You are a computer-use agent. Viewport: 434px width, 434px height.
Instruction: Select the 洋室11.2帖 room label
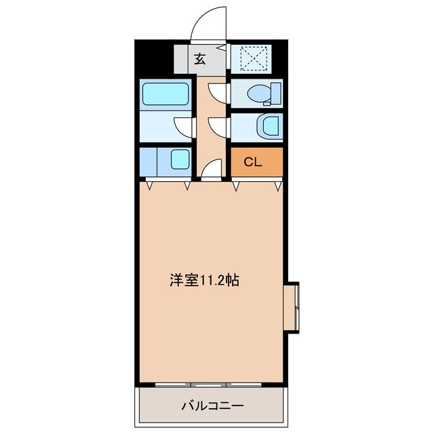(x=203, y=279)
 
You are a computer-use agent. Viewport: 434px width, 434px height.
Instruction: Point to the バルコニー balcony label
(x=212, y=406)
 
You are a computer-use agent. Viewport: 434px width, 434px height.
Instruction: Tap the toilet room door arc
(x=218, y=92)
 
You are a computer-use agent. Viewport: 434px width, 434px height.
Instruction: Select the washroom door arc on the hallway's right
(x=218, y=126)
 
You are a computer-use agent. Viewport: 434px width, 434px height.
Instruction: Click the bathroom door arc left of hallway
(x=184, y=126)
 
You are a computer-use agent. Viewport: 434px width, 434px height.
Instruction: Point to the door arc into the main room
(x=212, y=168)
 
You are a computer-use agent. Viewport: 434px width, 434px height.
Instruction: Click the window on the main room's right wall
(x=296, y=307)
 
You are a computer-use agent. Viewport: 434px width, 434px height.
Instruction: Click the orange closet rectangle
(x=256, y=162)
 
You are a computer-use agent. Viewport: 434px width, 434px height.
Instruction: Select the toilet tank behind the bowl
(x=276, y=94)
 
